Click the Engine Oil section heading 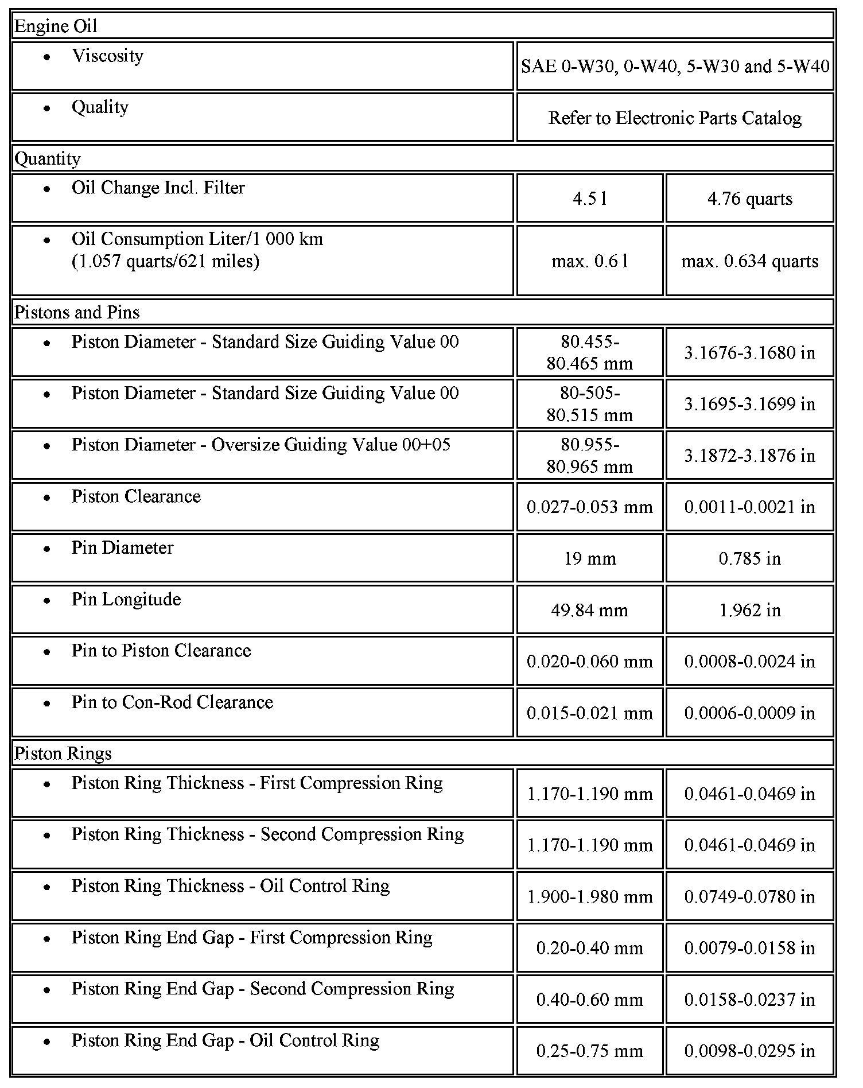(56, 26)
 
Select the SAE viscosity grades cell (675, 67)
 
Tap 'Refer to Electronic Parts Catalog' (675, 118)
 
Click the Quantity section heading (48, 158)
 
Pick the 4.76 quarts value (749, 199)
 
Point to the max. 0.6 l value (589, 261)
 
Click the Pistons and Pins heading (77, 312)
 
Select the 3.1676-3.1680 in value (749, 352)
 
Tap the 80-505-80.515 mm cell (589, 404)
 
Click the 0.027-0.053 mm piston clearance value (589, 507)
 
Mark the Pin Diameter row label (122, 547)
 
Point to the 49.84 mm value (589, 610)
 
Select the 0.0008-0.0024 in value (749, 662)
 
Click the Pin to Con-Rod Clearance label (172, 702)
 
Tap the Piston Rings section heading (63, 753)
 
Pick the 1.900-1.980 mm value (589, 896)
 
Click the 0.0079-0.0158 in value (749, 948)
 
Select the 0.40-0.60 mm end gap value (589, 1000)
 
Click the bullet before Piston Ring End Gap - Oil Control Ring (47, 1042)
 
